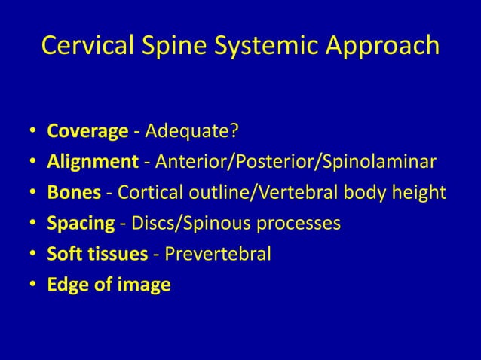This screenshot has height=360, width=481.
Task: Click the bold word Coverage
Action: [x=87, y=132]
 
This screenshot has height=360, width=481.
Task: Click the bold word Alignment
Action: [x=92, y=163]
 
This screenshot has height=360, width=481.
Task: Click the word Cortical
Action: [x=144, y=193]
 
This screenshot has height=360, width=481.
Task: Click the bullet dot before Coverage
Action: [x=33, y=133]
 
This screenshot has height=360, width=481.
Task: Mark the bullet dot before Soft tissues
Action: [x=33, y=255]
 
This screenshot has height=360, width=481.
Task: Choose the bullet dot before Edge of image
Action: [x=33, y=286]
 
